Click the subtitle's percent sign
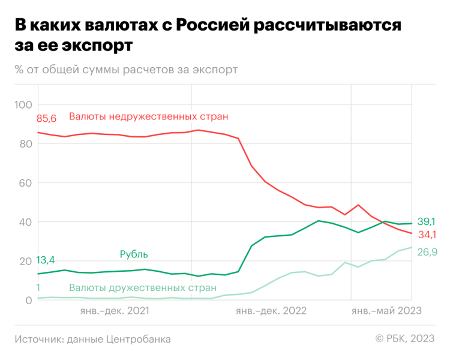(x=20, y=70)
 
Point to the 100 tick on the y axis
(x=23, y=104)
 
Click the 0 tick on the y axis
(x=28, y=300)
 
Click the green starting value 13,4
(x=46, y=260)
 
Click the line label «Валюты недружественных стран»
(x=148, y=116)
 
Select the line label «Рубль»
(x=134, y=254)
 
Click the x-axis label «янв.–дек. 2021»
(x=115, y=311)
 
